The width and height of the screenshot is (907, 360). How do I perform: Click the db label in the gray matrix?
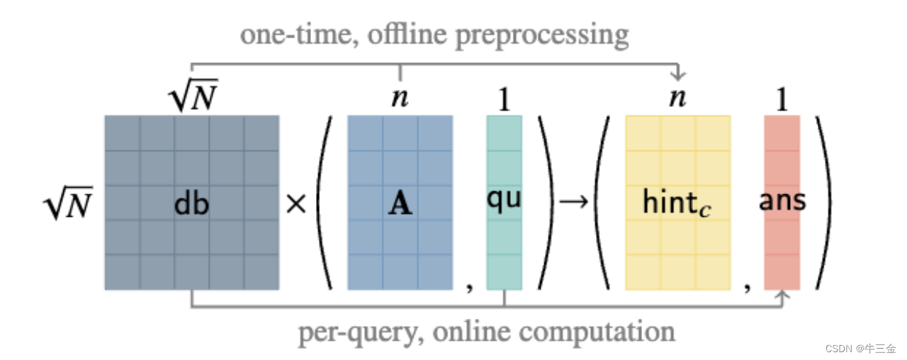(x=191, y=203)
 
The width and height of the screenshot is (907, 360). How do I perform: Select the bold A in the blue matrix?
(x=400, y=203)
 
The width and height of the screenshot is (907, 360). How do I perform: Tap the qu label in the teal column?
(x=504, y=199)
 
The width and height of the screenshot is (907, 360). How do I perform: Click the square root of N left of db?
(x=68, y=204)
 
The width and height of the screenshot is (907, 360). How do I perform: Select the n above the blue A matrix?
(x=400, y=99)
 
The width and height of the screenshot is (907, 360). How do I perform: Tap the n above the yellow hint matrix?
(x=677, y=99)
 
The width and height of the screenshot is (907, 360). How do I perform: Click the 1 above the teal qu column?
(x=504, y=100)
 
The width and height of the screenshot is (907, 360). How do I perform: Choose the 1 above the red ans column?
(x=782, y=100)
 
